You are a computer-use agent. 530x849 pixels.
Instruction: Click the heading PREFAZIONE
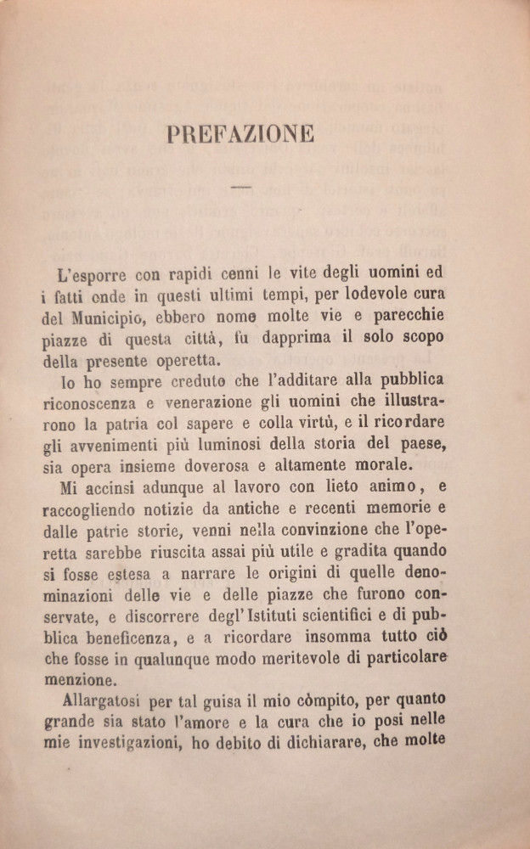(241, 134)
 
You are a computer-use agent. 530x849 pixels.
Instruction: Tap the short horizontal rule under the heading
(241, 187)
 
